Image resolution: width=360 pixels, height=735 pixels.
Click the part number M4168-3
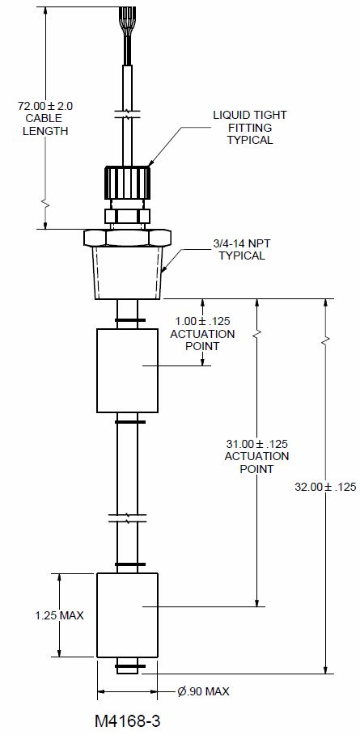tap(127, 718)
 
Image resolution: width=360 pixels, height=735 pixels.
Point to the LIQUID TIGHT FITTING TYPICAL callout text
tap(249, 128)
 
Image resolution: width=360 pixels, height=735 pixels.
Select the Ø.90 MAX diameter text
tap(204, 691)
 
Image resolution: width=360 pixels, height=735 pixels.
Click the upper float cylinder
tap(128, 370)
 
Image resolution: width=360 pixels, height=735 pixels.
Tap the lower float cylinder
tap(128, 615)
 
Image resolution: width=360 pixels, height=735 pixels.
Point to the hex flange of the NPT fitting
tap(127, 237)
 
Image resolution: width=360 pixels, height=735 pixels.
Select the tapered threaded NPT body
tap(127, 272)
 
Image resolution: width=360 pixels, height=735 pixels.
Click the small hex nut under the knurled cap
tap(127, 215)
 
